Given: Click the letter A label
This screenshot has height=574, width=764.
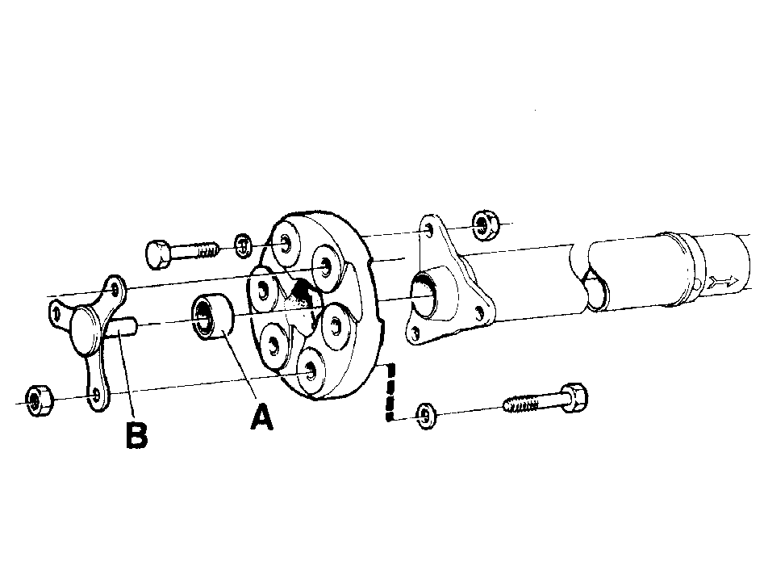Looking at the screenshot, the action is pyautogui.click(x=261, y=416).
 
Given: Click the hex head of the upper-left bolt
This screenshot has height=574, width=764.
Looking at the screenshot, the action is pyautogui.click(x=158, y=253).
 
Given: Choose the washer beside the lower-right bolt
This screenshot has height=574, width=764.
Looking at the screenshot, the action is pyautogui.click(x=425, y=416).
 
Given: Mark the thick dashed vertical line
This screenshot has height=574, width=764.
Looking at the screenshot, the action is pyautogui.click(x=390, y=392).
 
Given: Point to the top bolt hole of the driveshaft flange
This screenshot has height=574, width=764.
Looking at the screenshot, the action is pyautogui.click(x=428, y=230).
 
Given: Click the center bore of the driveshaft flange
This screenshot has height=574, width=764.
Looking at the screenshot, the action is pyautogui.click(x=423, y=295).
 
